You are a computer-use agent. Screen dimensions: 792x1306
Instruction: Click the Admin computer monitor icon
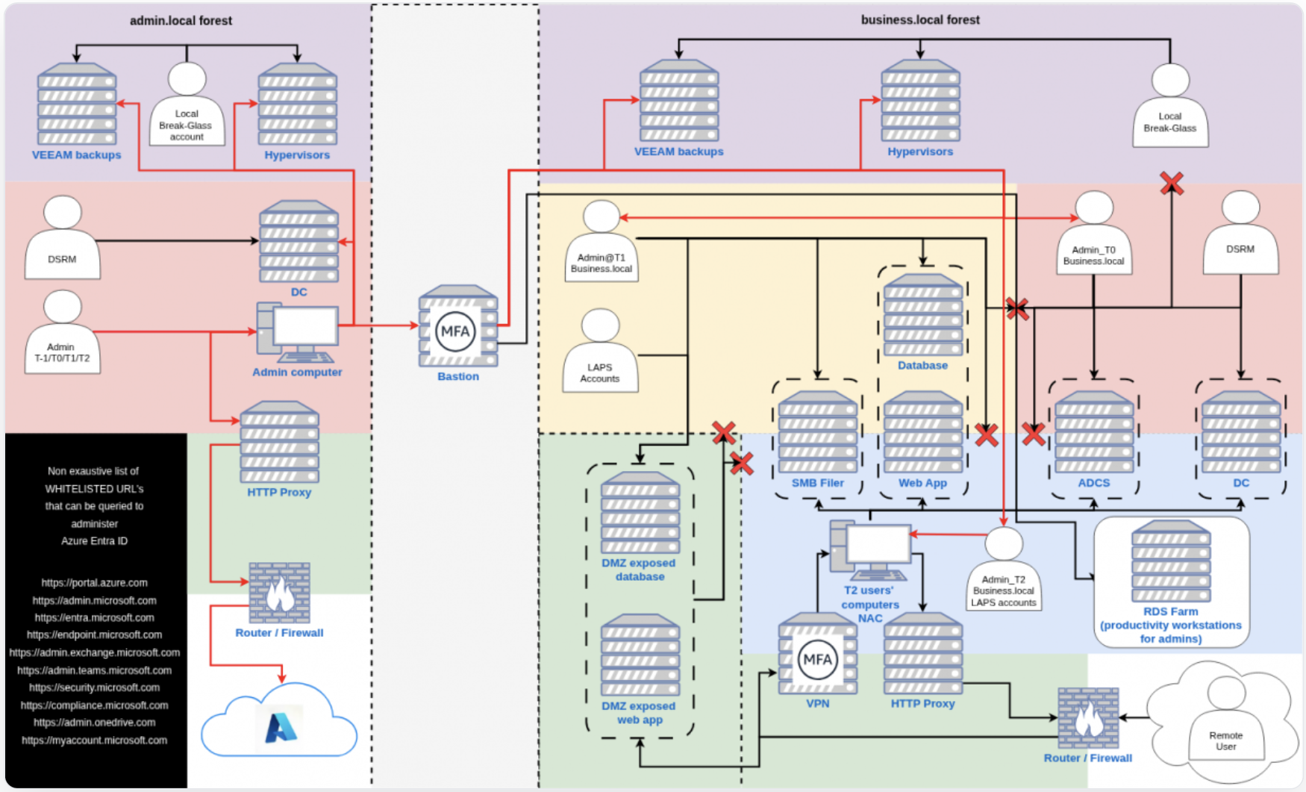pyautogui.click(x=298, y=331)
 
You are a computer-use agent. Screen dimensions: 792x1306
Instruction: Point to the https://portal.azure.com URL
pyautogui.click(x=94, y=583)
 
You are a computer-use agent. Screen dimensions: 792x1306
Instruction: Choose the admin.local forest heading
pyautogui.click(x=181, y=21)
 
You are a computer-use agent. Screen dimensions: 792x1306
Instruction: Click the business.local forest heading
pyautogui.click(x=919, y=20)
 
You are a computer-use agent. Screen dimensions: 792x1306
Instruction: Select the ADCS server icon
pyautogui.click(x=1093, y=433)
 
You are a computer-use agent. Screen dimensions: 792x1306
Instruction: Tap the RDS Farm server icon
pyautogui.click(x=1170, y=562)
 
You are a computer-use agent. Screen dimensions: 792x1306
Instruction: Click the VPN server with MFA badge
pyautogui.click(x=817, y=655)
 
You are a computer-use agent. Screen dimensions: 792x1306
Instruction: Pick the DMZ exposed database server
pyautogui.click(x=640, y=513)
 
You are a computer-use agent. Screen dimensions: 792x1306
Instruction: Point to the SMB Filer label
pyautogui.click(x=817, y=483)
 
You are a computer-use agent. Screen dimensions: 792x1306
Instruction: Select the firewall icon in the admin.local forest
pyautogui.click(x=279, y=593)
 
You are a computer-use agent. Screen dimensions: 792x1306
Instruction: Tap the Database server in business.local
pyautogui.click(x=922, y=316)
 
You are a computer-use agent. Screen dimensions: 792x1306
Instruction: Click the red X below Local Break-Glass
pyautogui.click(x=1171, y=183)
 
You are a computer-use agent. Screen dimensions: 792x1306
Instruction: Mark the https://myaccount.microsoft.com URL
pyautogui.click(x=94, y=740)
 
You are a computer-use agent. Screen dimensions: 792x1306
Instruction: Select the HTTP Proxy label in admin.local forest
pyautogui.click(x=278, y=493)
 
